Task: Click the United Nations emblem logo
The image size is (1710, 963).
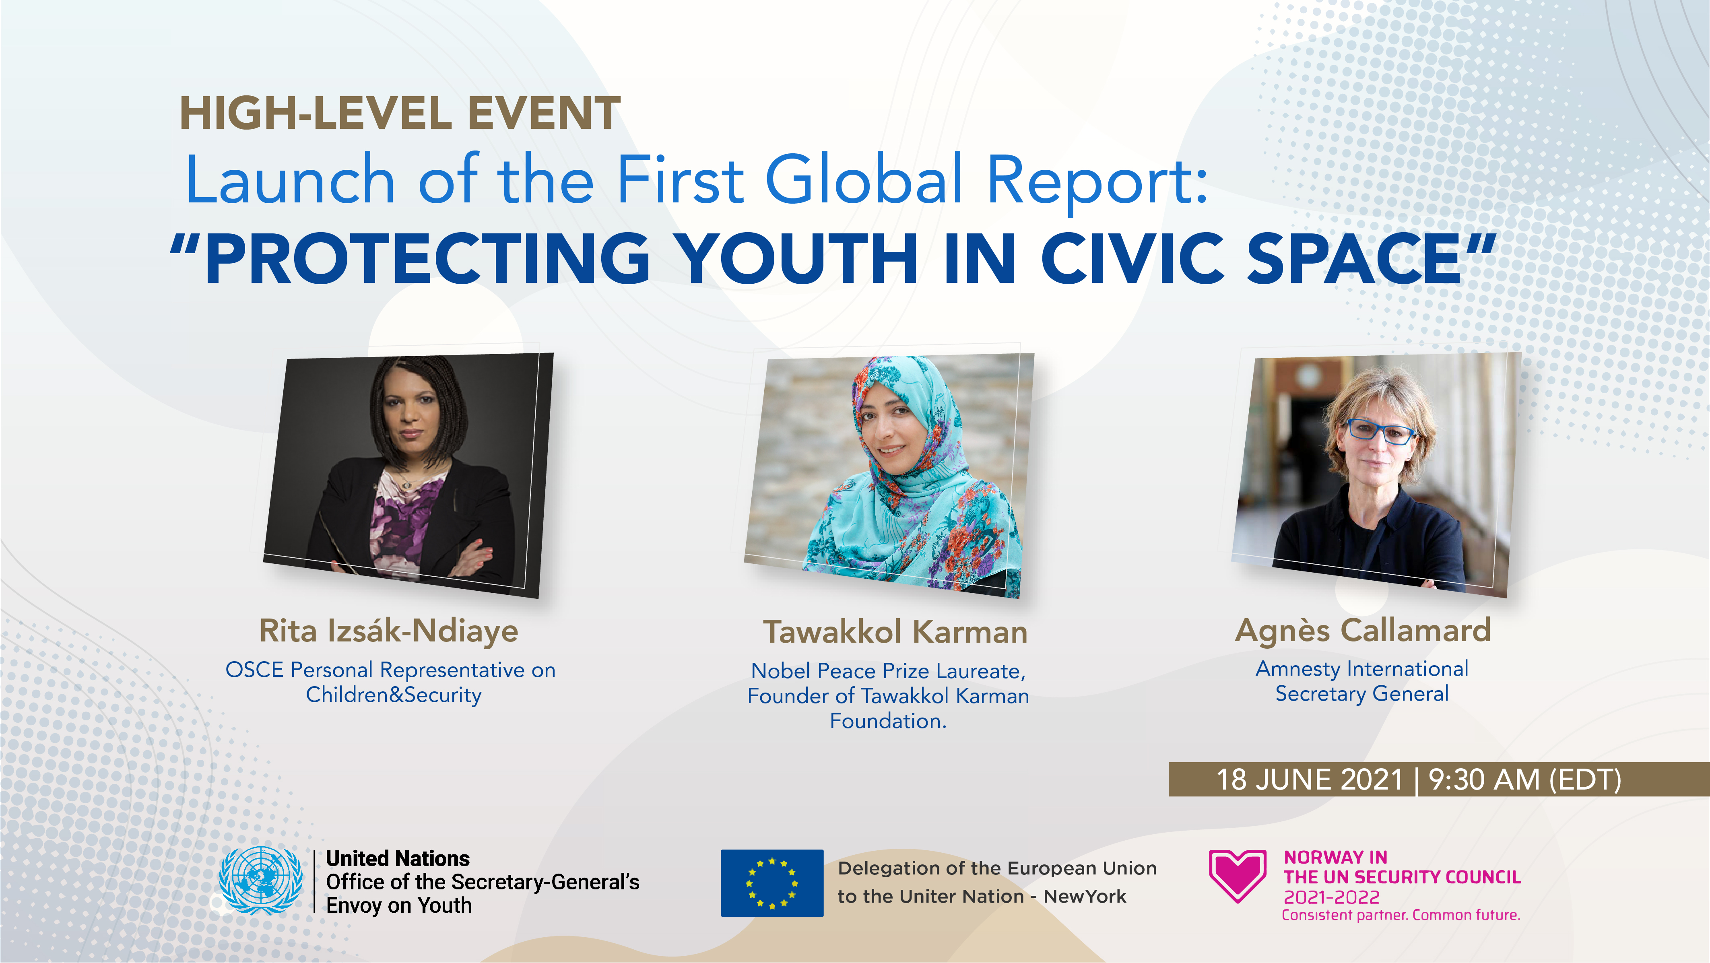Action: coord(261,881)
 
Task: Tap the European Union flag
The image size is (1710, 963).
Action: coord(772,883)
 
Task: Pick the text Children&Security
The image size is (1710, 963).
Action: coord(394,695)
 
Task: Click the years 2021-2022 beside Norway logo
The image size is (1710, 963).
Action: coord(1332,897)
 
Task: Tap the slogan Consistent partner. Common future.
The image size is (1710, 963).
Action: coord(1401,915)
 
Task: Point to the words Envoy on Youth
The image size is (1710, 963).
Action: coord(399,905)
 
